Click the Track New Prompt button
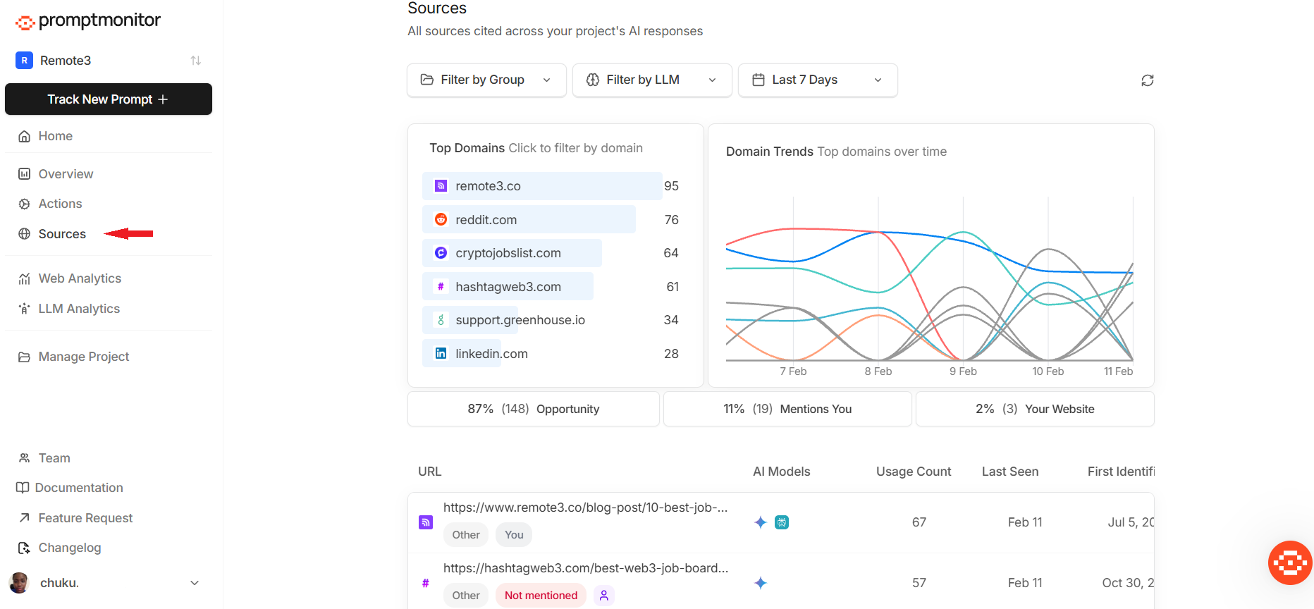tap(109, 99)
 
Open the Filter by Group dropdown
tap(486, 80)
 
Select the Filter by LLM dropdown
tap(652, 80)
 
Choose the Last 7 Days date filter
tap(818, 80)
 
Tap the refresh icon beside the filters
tap(1148, 80)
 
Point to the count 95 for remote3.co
tap(671, 186)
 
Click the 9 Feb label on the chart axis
tap(963, 371)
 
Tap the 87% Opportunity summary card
tap(534, 409)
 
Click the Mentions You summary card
tap(787, 409)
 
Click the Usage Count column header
tap(914, 472)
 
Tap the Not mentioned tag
tap(541, 596)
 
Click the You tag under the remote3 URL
tap(514, 535)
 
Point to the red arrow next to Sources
tap(128, 233)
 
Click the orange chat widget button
tap(1289, 562)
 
